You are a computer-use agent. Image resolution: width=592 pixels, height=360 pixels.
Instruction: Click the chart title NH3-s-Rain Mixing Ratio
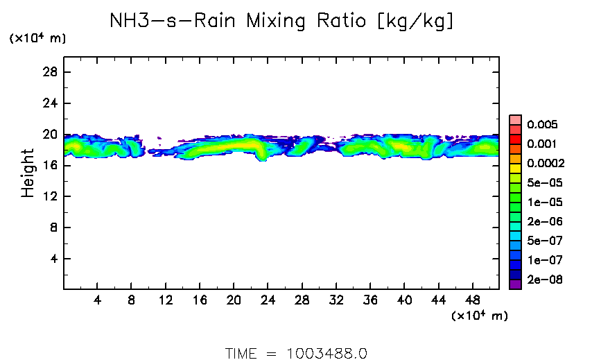point(282,21)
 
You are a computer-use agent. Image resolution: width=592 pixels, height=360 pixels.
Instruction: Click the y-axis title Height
point(28,173)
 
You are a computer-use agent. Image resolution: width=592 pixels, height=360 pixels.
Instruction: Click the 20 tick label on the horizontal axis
point(234,302)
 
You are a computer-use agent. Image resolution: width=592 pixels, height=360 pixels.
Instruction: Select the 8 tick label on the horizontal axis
point(132,302)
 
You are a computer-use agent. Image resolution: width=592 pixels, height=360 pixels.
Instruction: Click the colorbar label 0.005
point(541,125)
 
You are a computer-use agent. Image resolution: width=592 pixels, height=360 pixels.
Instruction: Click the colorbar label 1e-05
point(543,203)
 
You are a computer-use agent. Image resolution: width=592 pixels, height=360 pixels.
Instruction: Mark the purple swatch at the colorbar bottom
point(515,284)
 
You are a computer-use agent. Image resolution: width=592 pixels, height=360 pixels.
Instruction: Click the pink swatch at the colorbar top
point(515,119)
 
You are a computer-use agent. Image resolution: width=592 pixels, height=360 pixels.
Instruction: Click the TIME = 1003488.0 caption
point(296,352)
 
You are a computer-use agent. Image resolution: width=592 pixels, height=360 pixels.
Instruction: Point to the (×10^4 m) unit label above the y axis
point(37,39)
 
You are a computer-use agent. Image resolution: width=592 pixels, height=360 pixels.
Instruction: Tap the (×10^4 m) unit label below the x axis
point(480,316)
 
